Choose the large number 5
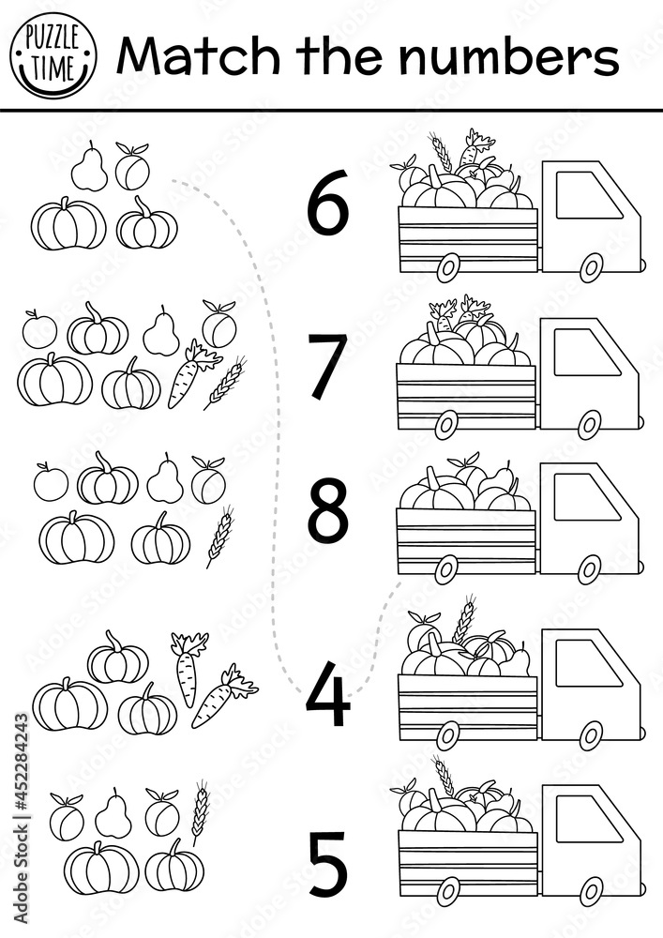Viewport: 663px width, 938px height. pos(328,862)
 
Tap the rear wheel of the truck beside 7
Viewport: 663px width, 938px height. pos(446,424)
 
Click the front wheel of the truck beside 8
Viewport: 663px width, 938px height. pos(590,567)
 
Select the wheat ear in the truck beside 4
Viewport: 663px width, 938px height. pos(463,619)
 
